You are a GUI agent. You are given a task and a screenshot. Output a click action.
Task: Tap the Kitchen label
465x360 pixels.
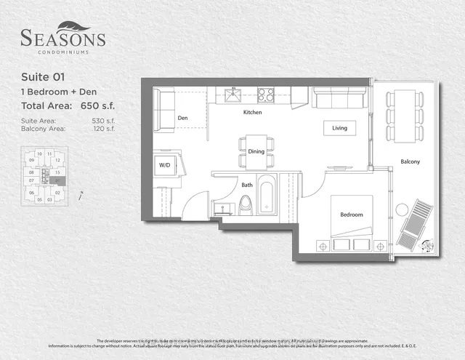[x=252, y=113]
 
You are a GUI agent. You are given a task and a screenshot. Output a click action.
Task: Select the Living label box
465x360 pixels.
[x=340, y=128]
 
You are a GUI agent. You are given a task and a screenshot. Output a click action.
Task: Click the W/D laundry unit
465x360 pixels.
[x=165, y=165]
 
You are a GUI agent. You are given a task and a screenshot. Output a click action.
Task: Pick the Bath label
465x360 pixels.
[x=247, y=185]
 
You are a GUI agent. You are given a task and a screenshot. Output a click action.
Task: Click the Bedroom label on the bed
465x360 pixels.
[x=352, y=215]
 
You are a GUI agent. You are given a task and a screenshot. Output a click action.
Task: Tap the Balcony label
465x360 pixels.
[x=410, y=161]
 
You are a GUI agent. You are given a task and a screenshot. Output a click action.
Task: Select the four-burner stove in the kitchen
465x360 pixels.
[x=265, y=95]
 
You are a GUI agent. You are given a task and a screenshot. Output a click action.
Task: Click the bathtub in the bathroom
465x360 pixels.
[x=267, y=195]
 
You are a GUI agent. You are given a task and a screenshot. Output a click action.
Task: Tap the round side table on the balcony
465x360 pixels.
[x=402, y=209]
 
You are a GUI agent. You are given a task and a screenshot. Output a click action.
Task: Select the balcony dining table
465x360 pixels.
[x=405, y=115]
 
